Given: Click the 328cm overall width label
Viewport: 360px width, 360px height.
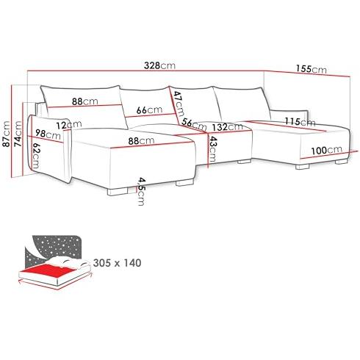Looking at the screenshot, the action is tap(159, 65).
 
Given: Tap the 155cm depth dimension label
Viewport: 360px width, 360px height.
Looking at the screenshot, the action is tap(312, 69).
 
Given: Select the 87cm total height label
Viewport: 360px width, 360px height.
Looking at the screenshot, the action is tap(6, 134).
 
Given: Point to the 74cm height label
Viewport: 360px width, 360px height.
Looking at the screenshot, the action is tap(18, 134).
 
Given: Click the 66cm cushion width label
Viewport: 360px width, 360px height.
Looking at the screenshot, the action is tap(149, 110).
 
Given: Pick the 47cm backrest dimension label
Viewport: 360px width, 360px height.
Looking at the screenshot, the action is tap(179, 104).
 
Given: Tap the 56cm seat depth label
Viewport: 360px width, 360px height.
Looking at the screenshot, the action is tap(194, 124).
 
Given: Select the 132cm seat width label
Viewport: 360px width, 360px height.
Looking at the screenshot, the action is tap(228, 127).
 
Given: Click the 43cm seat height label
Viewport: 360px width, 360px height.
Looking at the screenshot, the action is tap(212, 148).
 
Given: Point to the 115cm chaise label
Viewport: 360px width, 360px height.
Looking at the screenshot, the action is tap(300, 121).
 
